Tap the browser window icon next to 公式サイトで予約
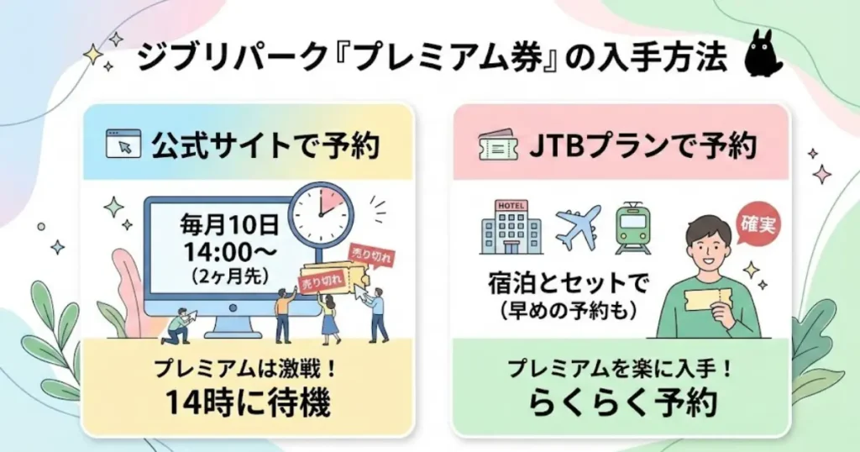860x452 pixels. click(x=123, y=145)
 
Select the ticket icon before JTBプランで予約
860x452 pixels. click(x=496, y=145)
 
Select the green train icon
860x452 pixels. click(x=632, y=227)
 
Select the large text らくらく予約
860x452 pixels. click(x=621, y=402)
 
